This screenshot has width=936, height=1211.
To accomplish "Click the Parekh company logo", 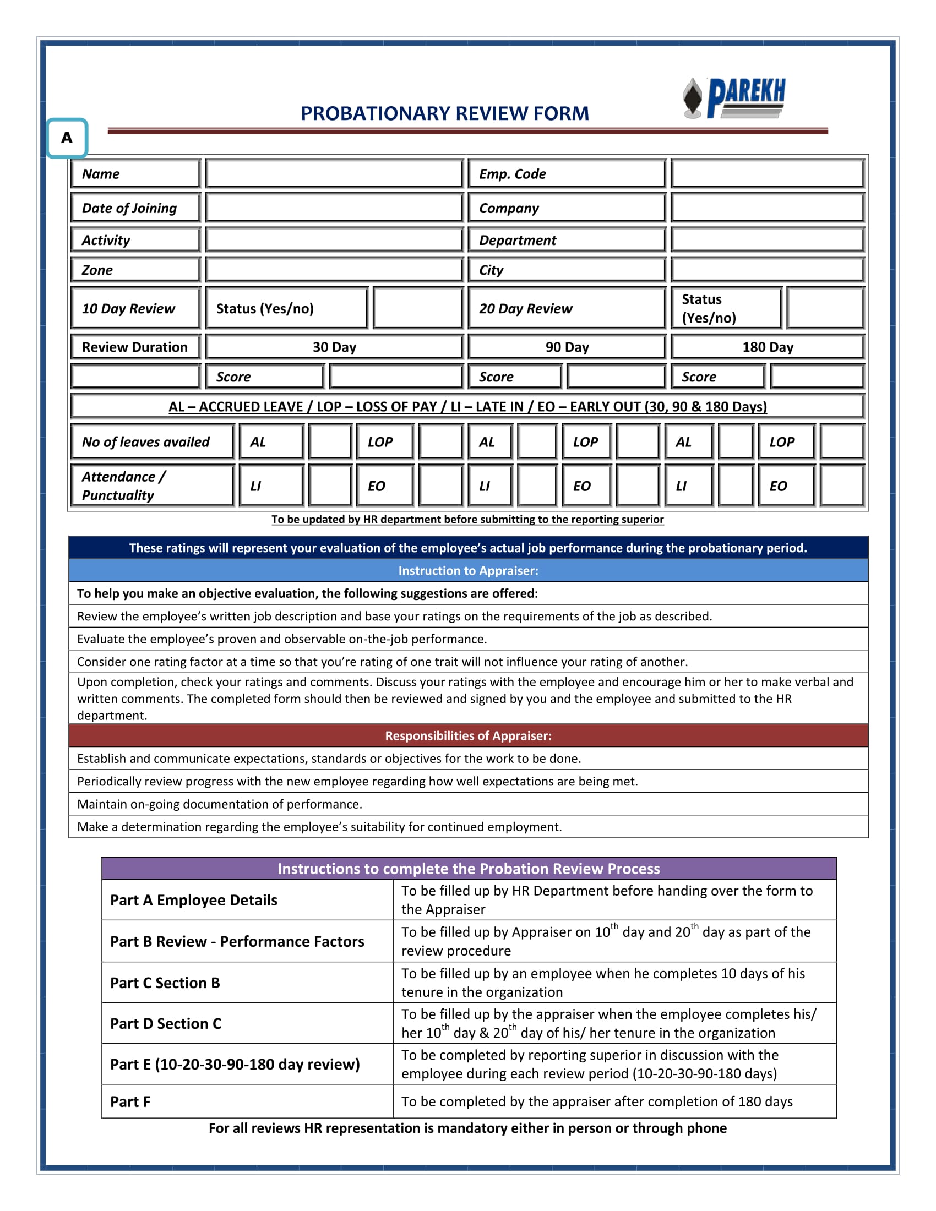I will pos(734,98).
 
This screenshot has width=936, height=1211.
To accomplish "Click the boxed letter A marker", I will pos(67,138).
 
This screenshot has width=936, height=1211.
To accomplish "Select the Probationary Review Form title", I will pos(444,113).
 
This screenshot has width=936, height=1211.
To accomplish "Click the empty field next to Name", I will pos(334,173).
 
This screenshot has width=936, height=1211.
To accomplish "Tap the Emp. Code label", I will pos(566,173).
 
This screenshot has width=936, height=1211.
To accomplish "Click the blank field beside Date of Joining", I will pos(334,208).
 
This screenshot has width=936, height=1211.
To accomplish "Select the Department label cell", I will pos(566,240).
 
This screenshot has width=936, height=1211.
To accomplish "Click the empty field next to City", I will pos(767,270).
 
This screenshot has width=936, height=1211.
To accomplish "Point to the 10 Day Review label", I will pos(135,308).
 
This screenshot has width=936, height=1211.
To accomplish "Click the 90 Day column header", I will pos(566,347).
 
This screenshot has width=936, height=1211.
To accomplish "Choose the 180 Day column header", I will pos(767,347).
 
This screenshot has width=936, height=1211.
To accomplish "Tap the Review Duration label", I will pos(135,347).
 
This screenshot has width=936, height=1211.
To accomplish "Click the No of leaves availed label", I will pos(151,442).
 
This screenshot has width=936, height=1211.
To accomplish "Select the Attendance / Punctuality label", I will pos(151,486).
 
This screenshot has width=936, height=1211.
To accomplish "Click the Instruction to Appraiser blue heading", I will pos(468,571).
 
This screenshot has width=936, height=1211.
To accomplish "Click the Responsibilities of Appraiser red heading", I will pos(468,736).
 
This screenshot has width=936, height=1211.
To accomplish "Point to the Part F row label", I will pos(247,1102).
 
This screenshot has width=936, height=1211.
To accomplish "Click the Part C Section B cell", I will pos(247,983).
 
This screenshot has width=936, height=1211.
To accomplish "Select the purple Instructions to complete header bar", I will pos(468,868).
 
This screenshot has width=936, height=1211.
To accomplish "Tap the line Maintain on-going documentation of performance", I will pos(220,804).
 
